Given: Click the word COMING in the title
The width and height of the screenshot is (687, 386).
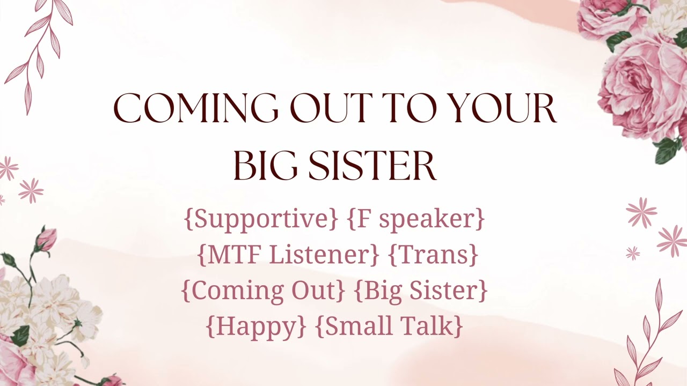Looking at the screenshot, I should (x=195, y=109).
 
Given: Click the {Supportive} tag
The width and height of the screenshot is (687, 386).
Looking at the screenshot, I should (x=261, y=219).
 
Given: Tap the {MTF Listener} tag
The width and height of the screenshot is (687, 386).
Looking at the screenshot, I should (x=288, y=255).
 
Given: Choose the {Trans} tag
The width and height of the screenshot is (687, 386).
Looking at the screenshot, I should (x=433, y=255).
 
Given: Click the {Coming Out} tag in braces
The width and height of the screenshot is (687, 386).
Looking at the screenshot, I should (x=263, y=290).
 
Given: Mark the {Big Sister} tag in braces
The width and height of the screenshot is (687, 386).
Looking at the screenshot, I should (x=421, y=290).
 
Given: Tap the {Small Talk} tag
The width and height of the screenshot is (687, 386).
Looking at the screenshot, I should (x=389, y=326).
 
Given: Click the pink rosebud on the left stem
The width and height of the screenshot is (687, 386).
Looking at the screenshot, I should (x=46, y=239).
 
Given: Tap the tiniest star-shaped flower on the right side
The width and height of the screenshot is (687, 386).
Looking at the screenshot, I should (x=633, y=253).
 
